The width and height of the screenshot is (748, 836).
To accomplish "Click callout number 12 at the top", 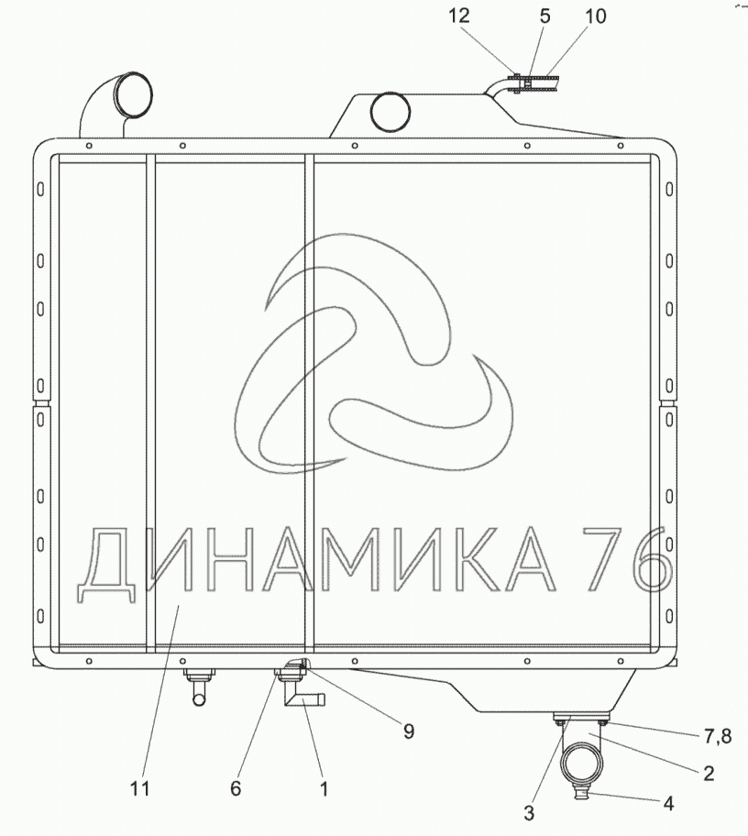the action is [458, 16].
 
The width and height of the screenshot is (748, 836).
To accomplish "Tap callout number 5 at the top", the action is [544, 16].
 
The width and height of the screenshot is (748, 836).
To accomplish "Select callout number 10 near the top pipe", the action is [595, 16].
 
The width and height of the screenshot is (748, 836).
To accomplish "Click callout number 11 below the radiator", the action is [140, 788].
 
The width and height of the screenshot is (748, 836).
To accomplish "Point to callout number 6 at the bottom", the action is [236, 788].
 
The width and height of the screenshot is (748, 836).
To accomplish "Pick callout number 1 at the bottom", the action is [324, 788].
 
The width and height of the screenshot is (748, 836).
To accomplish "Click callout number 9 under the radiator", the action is [409, 731].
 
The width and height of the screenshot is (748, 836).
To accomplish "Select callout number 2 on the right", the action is [709, 773].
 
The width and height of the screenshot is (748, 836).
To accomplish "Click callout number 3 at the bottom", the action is [528, 812].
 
